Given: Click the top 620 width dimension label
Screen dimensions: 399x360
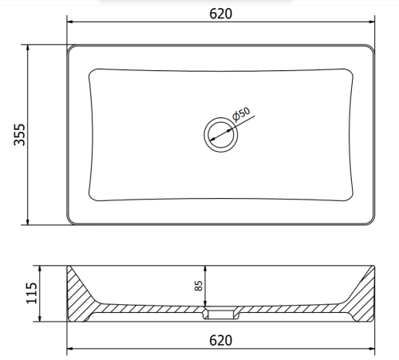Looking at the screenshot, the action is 220,14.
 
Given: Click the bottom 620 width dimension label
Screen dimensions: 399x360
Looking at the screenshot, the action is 220,340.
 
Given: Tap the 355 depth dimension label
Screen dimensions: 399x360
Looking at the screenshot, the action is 19,135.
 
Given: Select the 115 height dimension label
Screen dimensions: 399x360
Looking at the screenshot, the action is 31,293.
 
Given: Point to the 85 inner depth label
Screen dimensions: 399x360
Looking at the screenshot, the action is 199,286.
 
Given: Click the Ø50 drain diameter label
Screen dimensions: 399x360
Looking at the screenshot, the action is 241,114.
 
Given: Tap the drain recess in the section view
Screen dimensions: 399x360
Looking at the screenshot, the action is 221,314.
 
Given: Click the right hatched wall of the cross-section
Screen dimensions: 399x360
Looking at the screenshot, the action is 363,295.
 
